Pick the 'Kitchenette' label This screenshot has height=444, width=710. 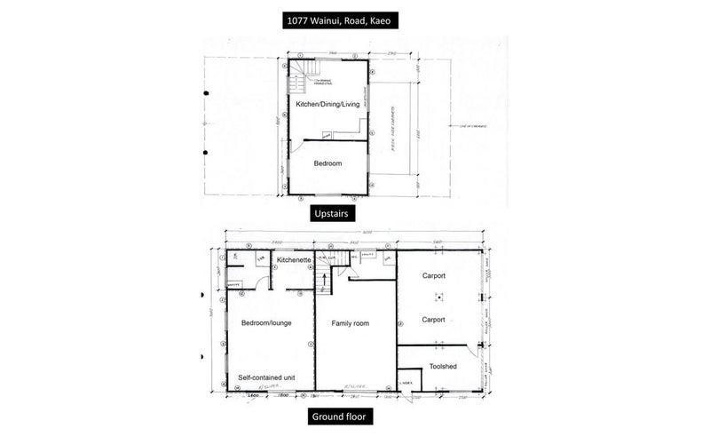pos(292,260)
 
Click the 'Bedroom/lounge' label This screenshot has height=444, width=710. pos(266,323)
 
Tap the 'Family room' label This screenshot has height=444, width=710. pos(350,323)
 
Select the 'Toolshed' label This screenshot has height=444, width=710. pos(443,365)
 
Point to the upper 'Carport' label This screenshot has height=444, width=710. pos(433,276)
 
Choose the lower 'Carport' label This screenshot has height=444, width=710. pos(433,320)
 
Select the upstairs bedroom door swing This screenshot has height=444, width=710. pos(307,147)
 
